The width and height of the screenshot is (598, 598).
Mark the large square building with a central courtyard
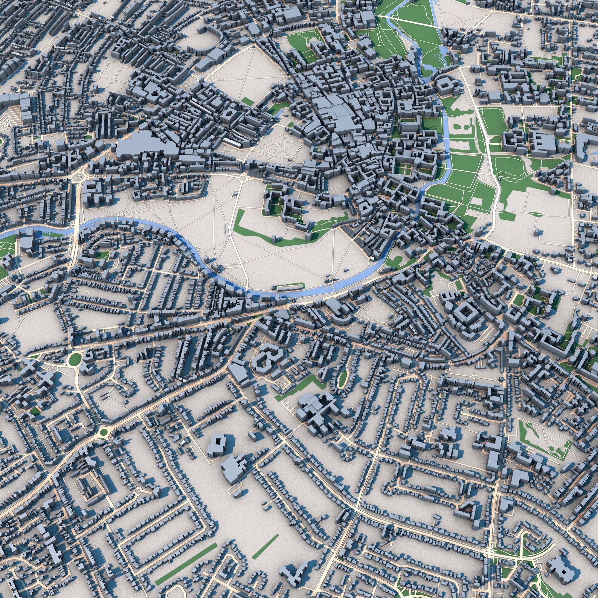(x=465, y=313)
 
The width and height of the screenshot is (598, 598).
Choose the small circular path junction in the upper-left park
(x=113, y=80)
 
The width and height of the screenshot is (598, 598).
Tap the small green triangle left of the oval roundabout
(x=35, y=357)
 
